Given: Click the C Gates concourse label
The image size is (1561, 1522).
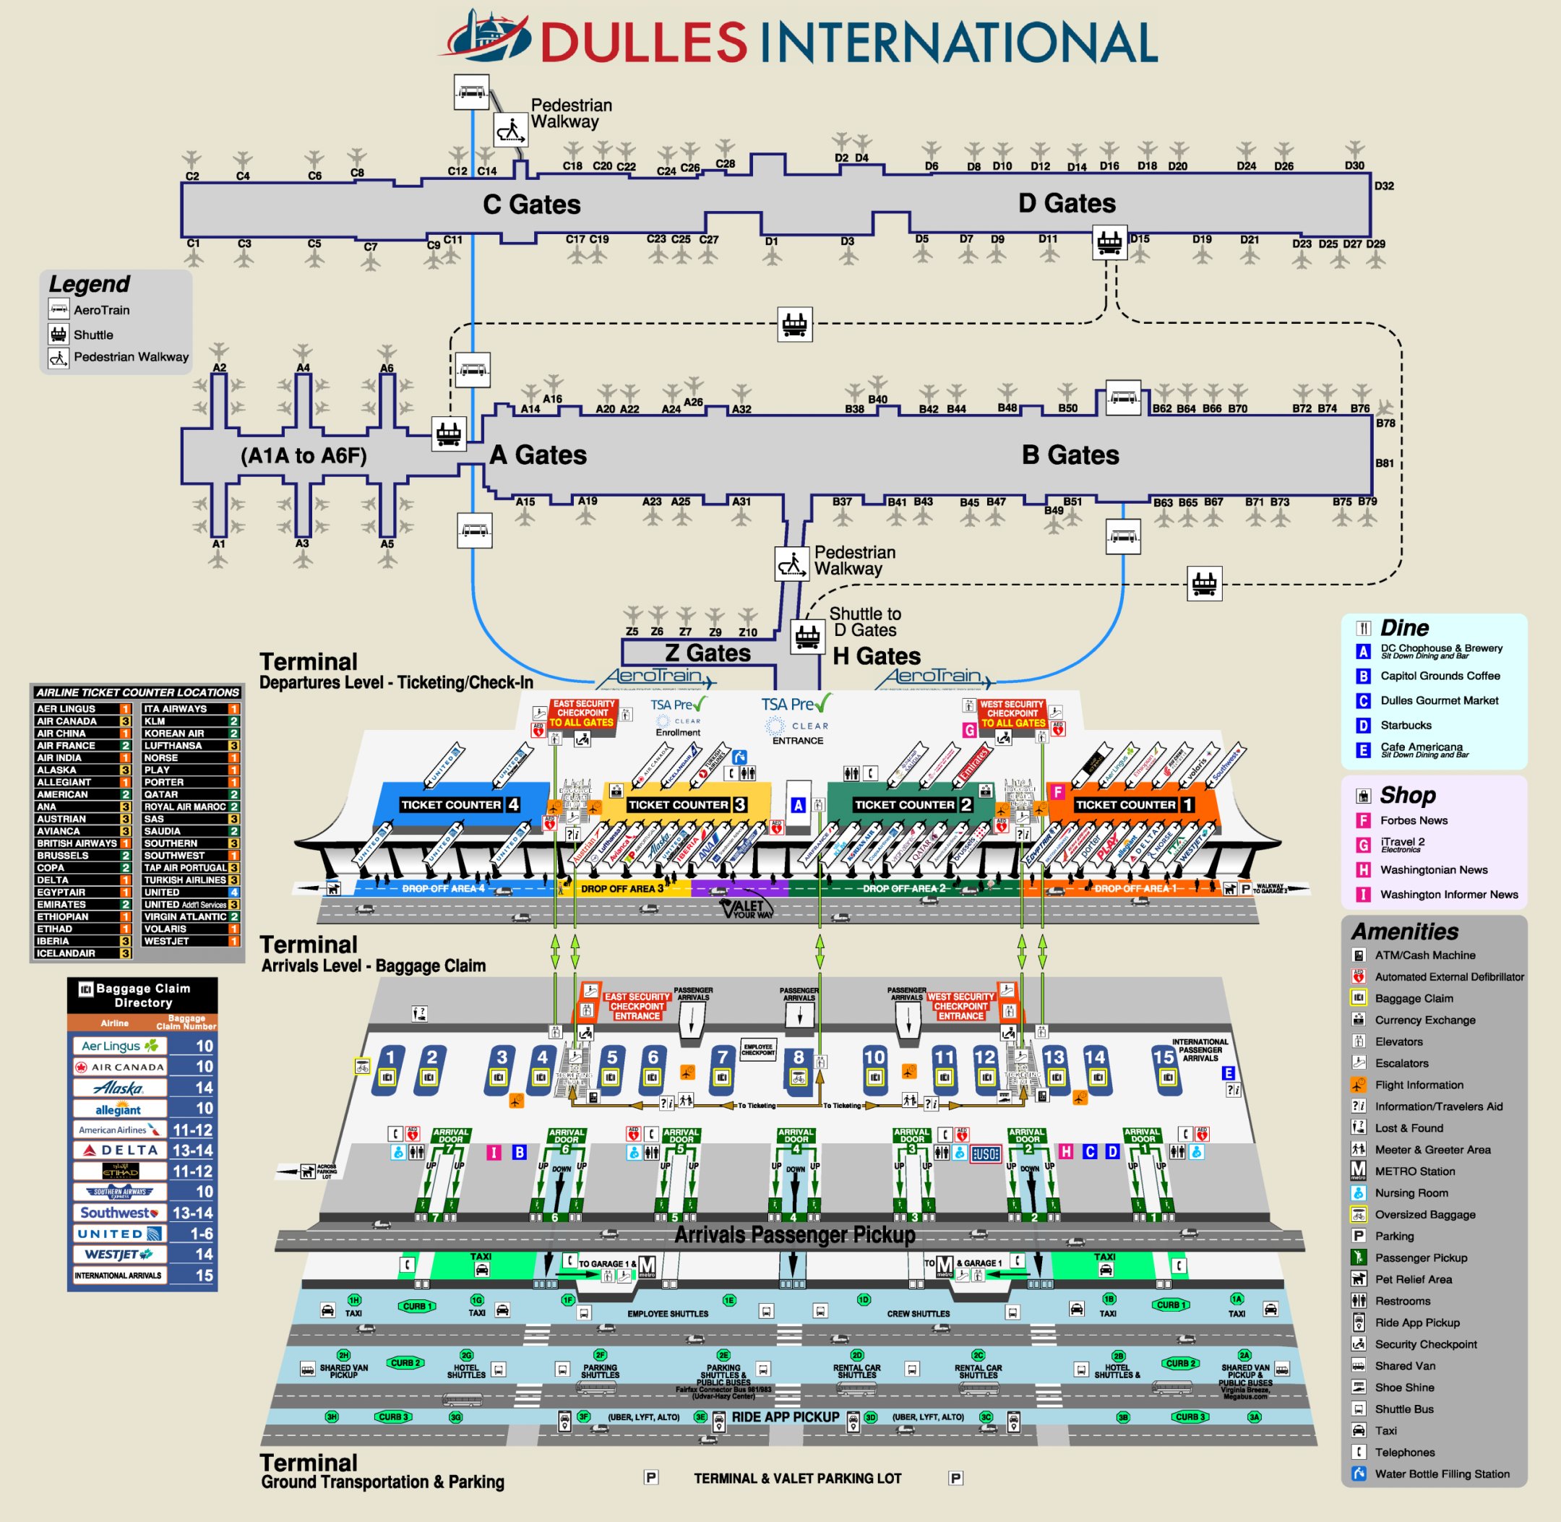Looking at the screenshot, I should tap(531, 205).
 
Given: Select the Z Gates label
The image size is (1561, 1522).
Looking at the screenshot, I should tap(708, 653).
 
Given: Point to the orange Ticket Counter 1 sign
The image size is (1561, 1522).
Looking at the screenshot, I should tap(1132, 804).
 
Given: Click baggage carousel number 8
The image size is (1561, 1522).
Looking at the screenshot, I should tap(798, 1058).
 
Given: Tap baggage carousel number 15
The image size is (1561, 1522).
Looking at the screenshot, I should tap(1163, 1057).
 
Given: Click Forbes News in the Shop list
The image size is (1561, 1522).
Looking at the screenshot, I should tap(1413, 820).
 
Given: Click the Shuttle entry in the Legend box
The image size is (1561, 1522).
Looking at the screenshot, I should tap(93, 335).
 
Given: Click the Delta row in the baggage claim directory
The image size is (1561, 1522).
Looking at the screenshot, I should tap(142, 1151).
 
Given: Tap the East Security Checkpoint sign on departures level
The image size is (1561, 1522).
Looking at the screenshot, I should tap(583, 713).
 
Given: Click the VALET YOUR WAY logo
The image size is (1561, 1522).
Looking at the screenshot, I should tap(747, 910).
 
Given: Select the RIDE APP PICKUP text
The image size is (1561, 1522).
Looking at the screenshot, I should tap(785, 1417).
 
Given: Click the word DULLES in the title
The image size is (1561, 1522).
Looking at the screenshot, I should tap(644, 43).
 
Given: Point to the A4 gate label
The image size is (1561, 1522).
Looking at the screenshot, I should tap(303, 368).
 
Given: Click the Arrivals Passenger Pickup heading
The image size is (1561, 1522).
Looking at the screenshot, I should tap(794, 1235).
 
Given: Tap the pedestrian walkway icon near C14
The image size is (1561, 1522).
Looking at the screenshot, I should tap(510, 130).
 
